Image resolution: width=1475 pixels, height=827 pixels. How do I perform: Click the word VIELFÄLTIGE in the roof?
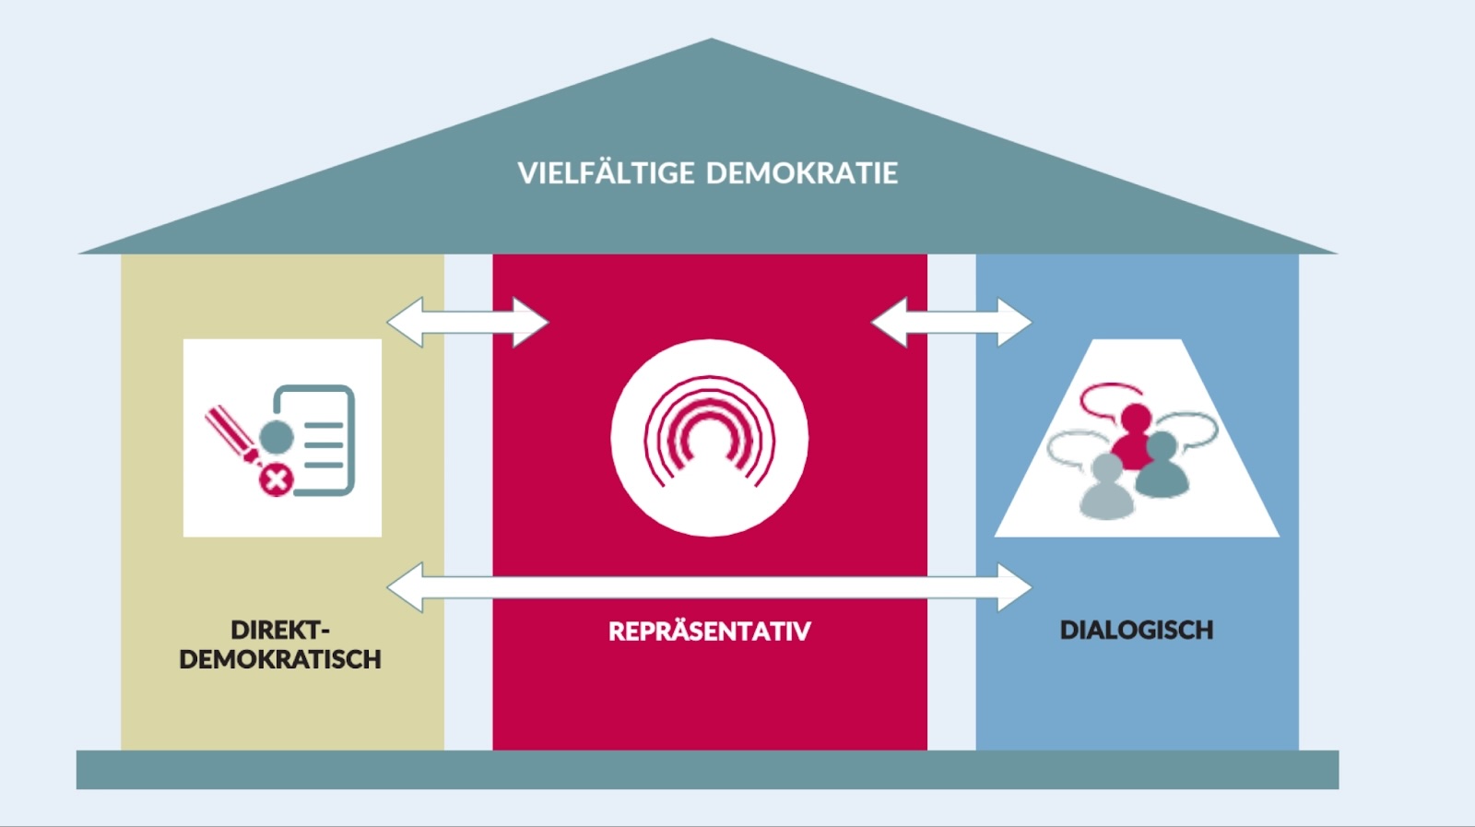[x=606, y=172]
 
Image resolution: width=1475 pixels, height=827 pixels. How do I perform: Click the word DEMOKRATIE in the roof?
[x=802, y=173]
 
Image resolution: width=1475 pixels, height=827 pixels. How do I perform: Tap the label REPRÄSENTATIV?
[x=710, y=631]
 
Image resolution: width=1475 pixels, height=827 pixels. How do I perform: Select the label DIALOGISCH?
[x=1137, y=630]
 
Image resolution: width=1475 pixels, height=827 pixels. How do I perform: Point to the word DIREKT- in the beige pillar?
[x=280, y=630]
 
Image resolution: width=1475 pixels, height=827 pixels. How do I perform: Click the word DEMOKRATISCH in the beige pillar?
[x=280, y=659]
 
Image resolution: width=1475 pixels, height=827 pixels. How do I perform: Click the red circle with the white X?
[x=277, y=479]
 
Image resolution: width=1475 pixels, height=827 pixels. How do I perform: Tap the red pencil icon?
[x=233, y=436]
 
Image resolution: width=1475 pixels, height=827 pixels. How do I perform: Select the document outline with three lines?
[x=314, y=440]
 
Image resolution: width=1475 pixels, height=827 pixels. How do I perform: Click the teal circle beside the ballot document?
[x=277, y=437]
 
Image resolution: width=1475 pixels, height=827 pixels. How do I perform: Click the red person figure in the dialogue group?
[x=1134, y=436]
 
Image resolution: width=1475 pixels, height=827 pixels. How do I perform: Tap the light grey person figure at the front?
[x=1107, y=486]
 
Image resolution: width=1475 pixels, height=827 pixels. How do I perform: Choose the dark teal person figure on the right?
[x=1162, y=464]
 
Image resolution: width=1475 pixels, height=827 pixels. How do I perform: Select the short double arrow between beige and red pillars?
[x=467, y=323]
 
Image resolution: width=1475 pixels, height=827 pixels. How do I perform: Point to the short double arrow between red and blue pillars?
[x=951, y=323]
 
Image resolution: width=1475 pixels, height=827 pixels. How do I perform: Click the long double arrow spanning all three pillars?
[x=709, y=587]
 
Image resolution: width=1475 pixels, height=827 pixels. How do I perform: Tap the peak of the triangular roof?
[x=711, y=39]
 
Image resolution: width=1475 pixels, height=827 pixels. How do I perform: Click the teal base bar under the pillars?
[x=708, y=770]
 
